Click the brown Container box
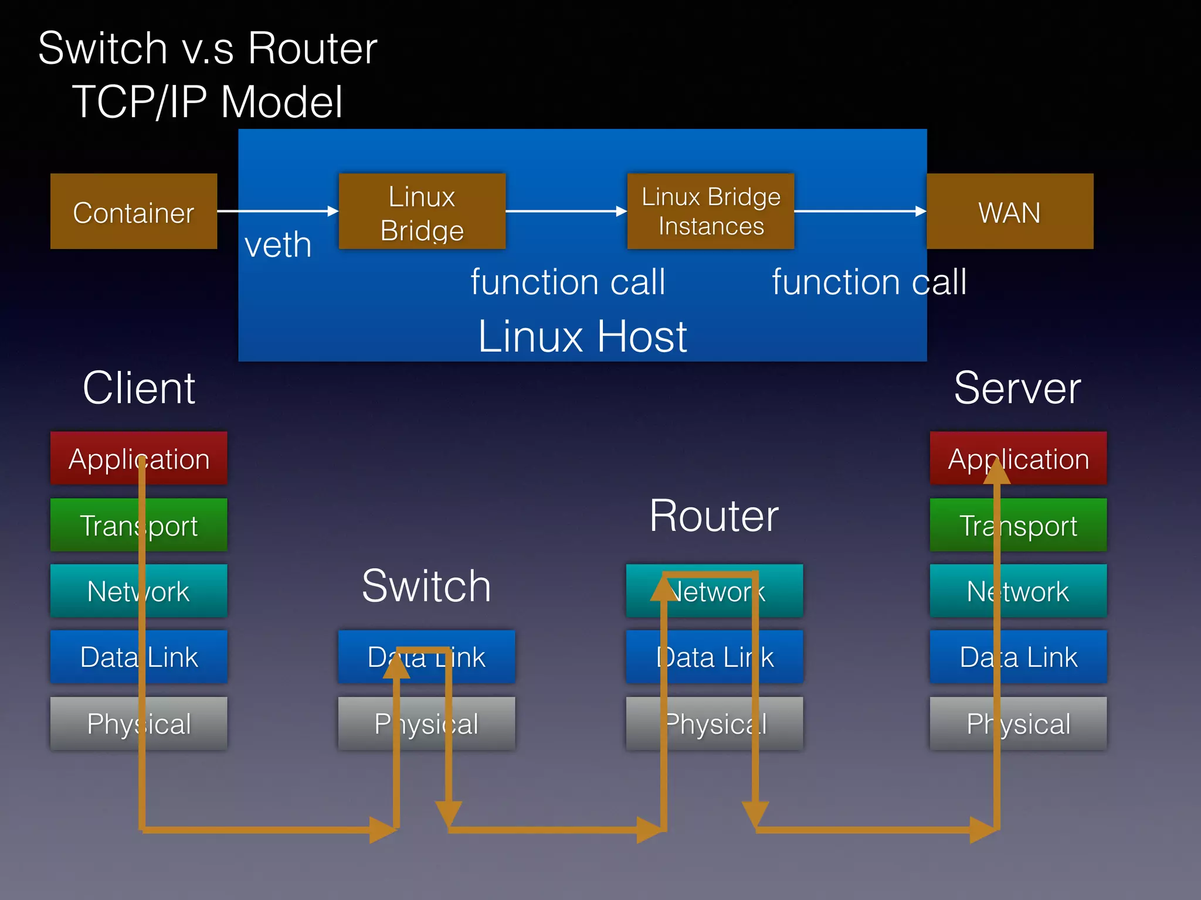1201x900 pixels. point(134,211)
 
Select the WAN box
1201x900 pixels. point(1010,211)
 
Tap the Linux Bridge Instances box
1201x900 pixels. point(711,211)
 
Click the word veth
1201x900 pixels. point(278,245)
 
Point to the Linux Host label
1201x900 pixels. point(582,336)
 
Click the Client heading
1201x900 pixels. point(139,388)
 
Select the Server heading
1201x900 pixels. point(1017,388)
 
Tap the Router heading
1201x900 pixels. point(714,516)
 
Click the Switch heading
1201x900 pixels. point(426,586)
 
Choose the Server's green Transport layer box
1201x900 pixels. point(1044,525)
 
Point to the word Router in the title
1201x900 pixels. point(312,48)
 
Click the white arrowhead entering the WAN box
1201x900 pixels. point(921,211)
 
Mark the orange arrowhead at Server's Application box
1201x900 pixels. point(997,472)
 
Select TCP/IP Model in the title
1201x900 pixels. point(208,102)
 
